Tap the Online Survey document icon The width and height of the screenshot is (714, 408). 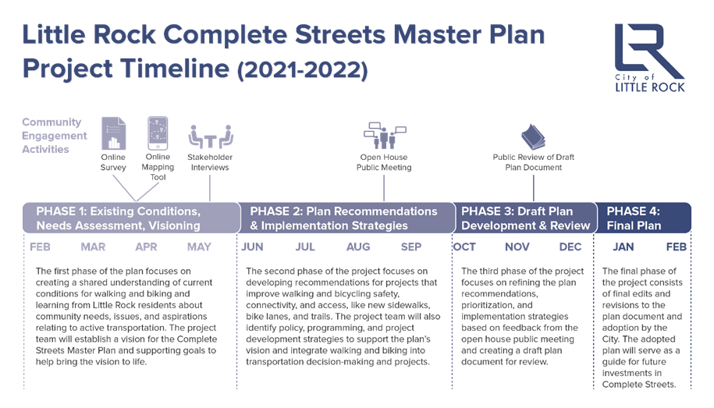tap(115, 133)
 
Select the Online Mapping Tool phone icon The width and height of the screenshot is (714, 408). tap(158, 133)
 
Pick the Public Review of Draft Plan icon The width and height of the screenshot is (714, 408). tap(534, 136)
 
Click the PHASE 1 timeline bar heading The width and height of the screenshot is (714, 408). tap(118, 218)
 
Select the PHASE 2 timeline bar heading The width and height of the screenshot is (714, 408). tap(343, 218)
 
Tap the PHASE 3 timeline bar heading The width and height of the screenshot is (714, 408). tap(525, 218)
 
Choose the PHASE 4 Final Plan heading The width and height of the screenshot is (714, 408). tap(634, 218)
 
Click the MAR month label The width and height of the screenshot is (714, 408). tap(93, 248)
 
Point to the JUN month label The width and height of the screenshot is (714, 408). tap(252, 248)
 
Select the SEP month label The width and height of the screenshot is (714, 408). tap(410, 248)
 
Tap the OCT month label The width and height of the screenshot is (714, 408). tap(464, 248)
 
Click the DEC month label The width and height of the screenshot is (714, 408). tap(570, 248)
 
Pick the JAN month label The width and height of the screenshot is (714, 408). tap(623, 248)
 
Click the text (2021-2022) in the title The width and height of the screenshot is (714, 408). tap(302, 70)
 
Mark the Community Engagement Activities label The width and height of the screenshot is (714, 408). tap(52, 136)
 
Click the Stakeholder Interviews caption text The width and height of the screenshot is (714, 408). tap(210, 162)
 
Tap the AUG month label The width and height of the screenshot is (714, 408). tap(358, 248)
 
